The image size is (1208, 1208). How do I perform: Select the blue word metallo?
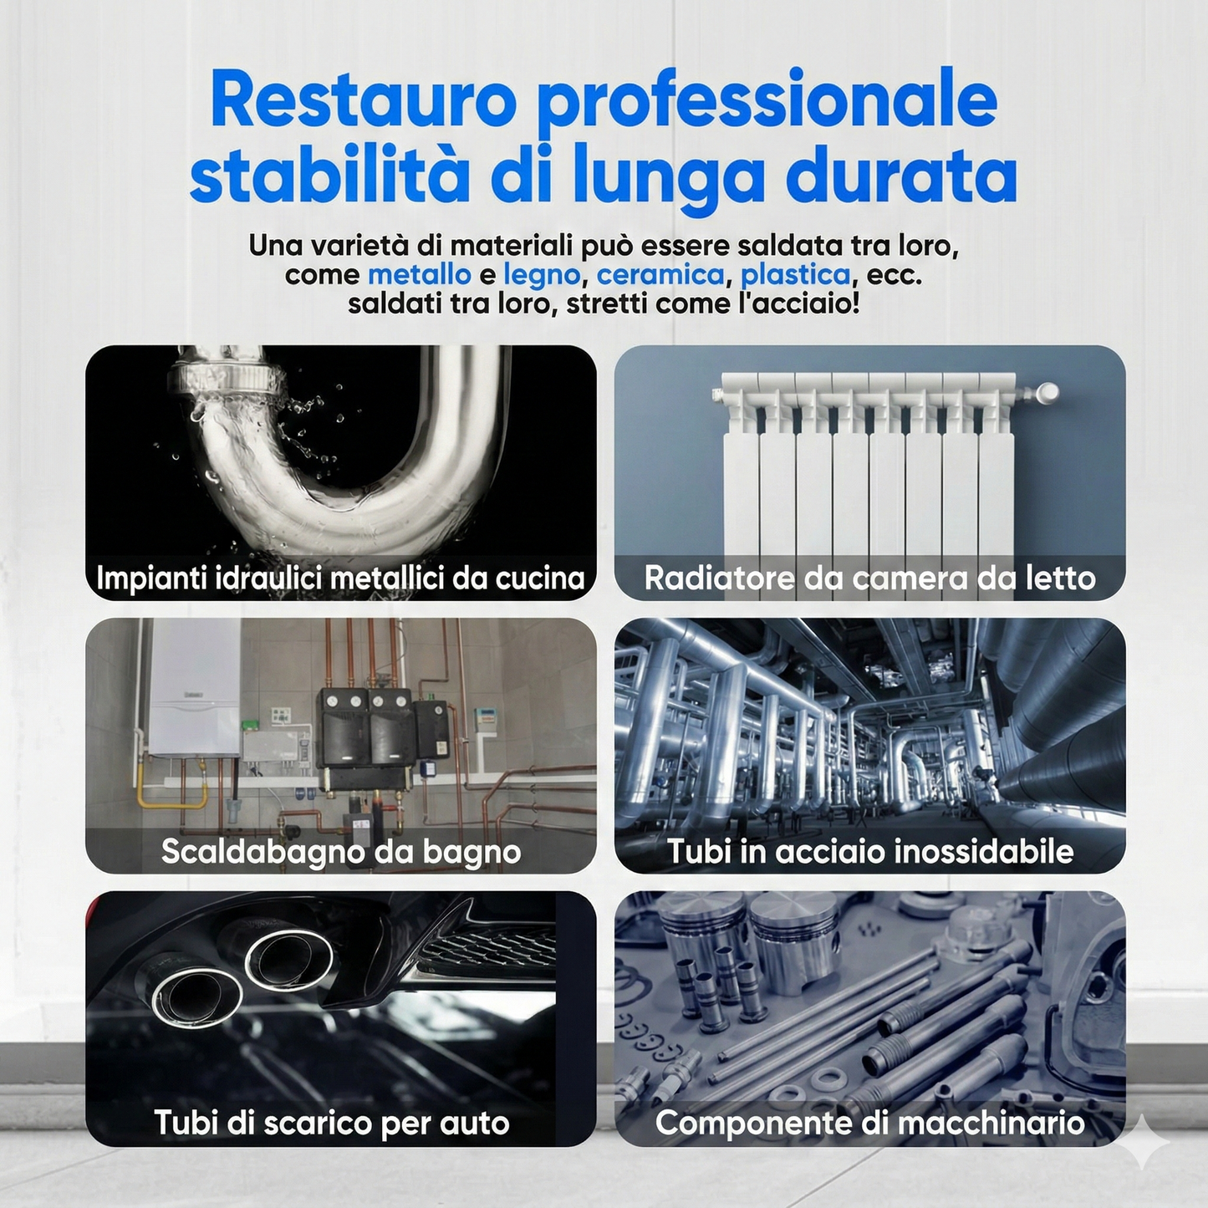[x=420, y=274]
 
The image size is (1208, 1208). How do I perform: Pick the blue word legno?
[x=542, y=275]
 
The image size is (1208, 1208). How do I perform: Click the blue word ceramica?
[x=660, y=274]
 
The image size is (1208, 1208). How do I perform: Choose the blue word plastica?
[x=795, y=274]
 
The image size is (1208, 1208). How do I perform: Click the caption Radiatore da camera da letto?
[x=869, y=578]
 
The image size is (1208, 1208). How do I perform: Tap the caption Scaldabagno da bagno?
[x=341, y=851]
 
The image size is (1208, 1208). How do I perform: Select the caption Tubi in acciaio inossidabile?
[x=869, y=851]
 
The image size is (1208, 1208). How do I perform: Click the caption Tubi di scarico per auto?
[x=332, y=1123]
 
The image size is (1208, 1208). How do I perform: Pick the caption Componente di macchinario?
[x=869, y=1123]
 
